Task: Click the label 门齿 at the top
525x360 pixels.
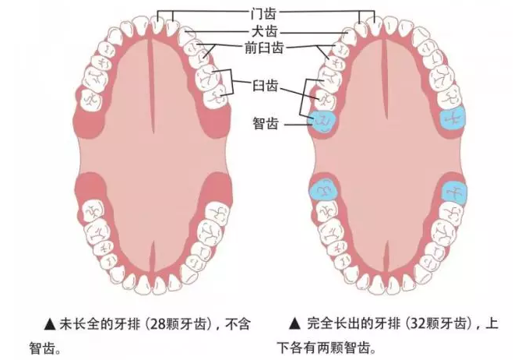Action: (x=263, y=13)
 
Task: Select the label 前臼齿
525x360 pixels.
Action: (x=264, y=48)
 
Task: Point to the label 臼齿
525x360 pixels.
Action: (x=265, y=86)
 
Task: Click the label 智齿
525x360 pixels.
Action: (x=266, y=123)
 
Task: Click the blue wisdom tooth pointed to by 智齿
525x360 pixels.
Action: (x=323, y=122)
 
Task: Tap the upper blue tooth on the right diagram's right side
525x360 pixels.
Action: (x=453, y=118)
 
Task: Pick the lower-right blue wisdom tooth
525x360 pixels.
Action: (x=454, y=192)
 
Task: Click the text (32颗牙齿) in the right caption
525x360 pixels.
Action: (x=439, y=324)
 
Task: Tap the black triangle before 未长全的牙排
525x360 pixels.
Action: (x=50, y=324)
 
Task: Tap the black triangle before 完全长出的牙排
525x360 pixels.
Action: (x=295, y=324)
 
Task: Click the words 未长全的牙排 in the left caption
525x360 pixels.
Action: (x=100, y=324)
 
